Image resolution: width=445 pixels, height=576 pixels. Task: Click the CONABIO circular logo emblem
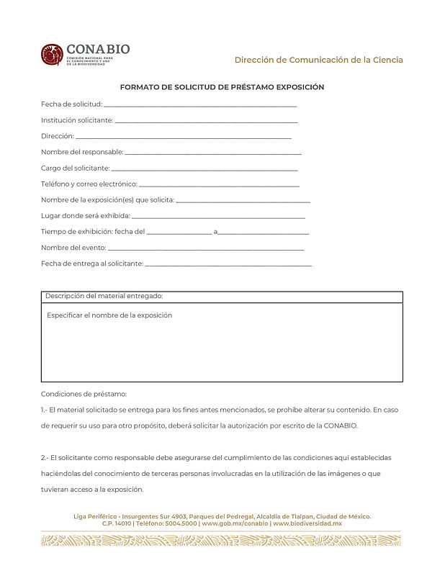coord(52,55)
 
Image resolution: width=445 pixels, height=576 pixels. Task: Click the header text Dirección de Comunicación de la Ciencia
coord(318,60)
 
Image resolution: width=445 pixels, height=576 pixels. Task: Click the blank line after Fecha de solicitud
coord(200,106)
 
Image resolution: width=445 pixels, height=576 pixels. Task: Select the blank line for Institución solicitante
coord(206,122)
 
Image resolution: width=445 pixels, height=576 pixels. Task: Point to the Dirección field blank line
coord(184,137)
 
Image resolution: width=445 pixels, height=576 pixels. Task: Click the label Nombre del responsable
coord(82,152)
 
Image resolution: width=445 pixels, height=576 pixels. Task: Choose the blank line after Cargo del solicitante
coord(204,169)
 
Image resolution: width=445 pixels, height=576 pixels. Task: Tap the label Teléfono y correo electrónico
coord(89,184)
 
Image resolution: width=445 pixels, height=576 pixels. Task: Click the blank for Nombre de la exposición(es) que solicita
coord(243,201)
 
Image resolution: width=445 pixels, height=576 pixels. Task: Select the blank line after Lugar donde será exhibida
coord(218,217)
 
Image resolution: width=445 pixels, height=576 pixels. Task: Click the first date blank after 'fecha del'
coord(179,233)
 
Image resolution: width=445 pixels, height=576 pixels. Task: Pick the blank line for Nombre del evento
coord(205,249)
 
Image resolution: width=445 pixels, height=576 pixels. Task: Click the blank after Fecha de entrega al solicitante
coord(228,265)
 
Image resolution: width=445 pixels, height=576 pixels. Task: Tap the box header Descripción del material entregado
coord(104,296)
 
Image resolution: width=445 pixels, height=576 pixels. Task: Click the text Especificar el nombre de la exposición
coord(109,315)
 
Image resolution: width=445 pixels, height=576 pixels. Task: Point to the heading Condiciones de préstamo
coord(84,394)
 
